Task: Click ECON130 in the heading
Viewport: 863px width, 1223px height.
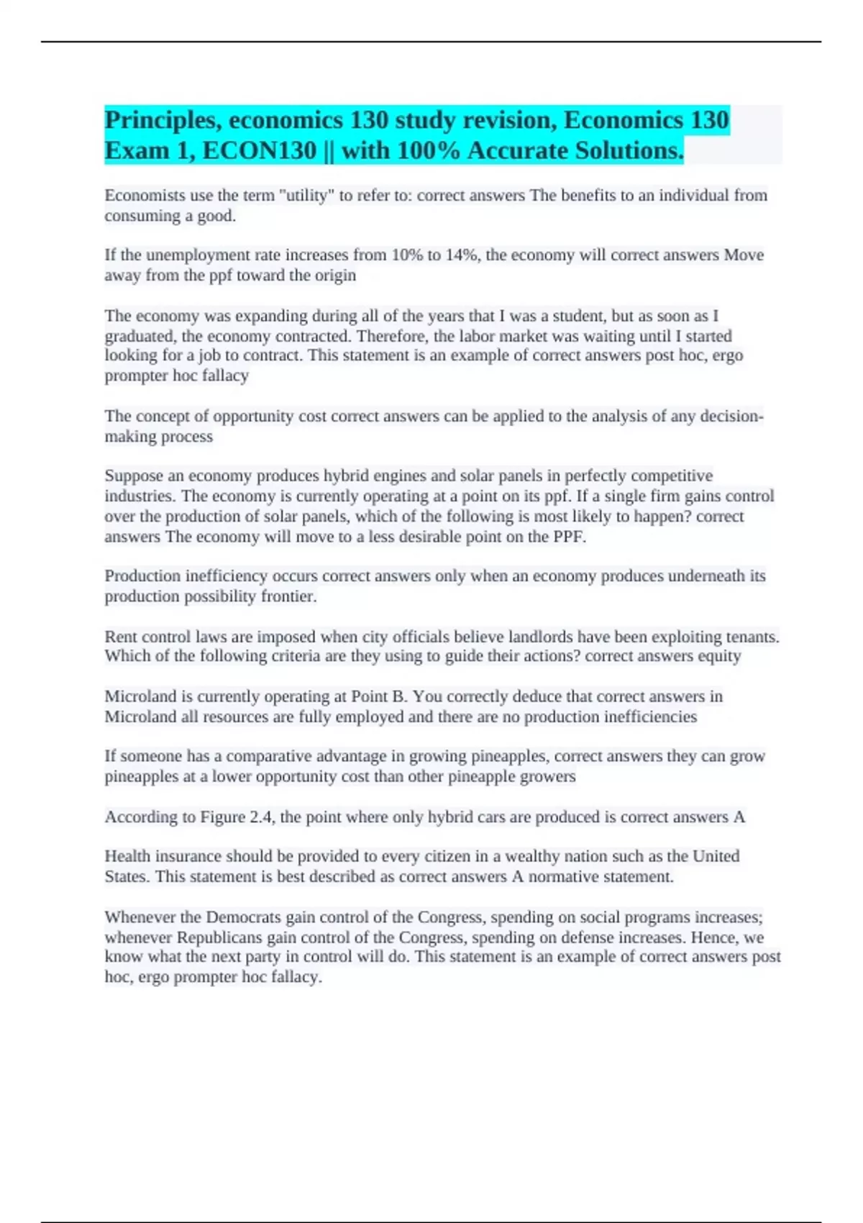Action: (260, 150)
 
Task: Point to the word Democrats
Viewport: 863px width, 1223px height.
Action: (244, 917)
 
